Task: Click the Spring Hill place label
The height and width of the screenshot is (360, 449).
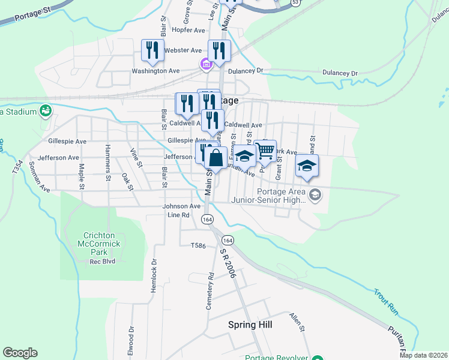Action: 250,325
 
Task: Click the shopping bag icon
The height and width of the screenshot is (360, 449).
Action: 216,158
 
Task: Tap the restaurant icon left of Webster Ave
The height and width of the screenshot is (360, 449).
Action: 152,50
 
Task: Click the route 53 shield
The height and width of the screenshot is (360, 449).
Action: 295,2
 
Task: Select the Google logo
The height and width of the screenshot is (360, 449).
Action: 20,353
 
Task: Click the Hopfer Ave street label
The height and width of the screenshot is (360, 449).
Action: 188,30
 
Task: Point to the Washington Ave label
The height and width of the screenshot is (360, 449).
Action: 156,71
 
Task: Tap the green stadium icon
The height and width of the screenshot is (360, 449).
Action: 45,111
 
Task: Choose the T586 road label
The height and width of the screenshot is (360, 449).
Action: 198,245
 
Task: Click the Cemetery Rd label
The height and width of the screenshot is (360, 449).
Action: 210,292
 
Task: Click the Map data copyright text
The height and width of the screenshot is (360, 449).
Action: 423,355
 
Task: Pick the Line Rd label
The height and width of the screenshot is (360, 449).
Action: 179,215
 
